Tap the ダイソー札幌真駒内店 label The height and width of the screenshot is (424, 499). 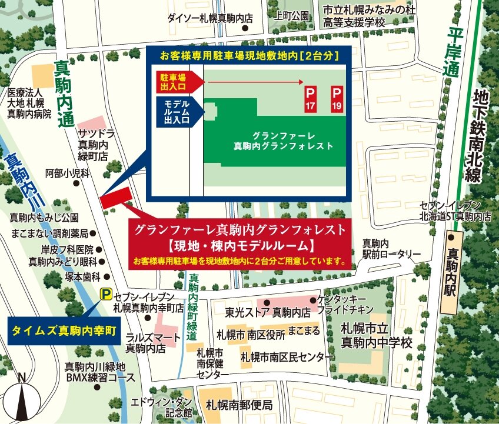[x=209, y=18]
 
